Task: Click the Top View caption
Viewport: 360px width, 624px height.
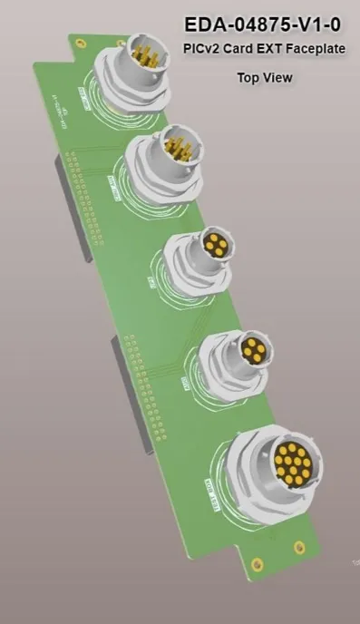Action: click(264, 78)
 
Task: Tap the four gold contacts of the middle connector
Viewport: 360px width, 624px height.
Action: click(215, 244)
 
